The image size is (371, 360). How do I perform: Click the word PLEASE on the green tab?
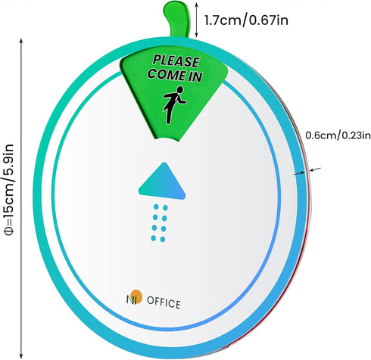click(176, 61)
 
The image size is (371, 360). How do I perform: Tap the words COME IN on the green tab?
click(176, 75)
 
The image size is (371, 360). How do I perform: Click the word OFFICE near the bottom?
click(164, 303)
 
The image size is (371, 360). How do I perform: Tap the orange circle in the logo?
click(137, 296)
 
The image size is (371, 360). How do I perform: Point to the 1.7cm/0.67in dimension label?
click(246, 20)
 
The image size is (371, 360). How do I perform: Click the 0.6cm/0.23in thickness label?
click(338, 135)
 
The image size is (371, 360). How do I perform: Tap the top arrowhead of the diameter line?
click(21, 41)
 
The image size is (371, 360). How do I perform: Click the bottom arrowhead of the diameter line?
click(21, 355)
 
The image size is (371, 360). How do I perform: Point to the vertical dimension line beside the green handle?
click(197, 20)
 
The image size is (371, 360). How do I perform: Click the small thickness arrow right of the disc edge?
click(316, 169)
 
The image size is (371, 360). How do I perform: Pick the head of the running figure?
click(179, 89)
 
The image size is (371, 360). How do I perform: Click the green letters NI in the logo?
click(131, 299)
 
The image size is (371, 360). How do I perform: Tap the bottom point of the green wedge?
click(167, 139)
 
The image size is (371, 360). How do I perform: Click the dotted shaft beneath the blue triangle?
click(160, 223)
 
